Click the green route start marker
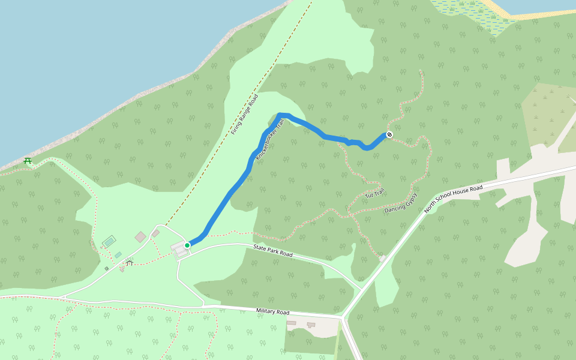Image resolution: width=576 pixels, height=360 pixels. tap(187, 245)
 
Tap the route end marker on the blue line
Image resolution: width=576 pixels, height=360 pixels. tap(389, 134)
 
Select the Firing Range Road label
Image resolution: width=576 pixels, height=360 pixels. tap(244, 114)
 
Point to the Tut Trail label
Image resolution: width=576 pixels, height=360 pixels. tap(374, 193)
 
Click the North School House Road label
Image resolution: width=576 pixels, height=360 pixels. tap(453, 199)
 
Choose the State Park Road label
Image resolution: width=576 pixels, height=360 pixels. tap(272, 251)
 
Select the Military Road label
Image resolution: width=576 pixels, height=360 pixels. tap(272, 312)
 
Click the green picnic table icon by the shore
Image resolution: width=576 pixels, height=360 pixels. tap(28, 160)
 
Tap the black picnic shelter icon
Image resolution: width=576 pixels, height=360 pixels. tap(129, 263)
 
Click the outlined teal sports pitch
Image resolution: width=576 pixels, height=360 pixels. tap(109, 241)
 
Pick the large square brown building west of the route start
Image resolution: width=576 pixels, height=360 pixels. tap(140, 237)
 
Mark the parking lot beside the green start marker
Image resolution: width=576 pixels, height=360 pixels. tap(179, 249)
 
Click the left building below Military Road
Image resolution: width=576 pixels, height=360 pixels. tap(292, 323)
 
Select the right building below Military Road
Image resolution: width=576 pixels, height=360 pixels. tap(311, 325)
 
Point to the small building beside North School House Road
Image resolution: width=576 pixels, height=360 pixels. tap(382, 258)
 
